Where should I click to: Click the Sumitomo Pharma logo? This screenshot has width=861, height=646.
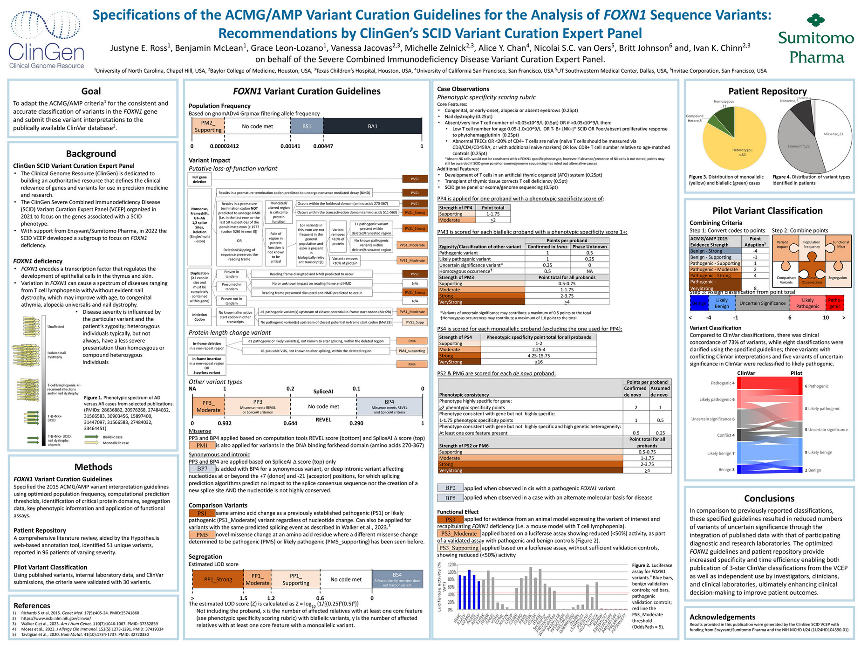point(815,39)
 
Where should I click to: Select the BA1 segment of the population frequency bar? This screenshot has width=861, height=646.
point(372,126)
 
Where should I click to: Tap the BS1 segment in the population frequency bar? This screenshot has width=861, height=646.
point(307,126)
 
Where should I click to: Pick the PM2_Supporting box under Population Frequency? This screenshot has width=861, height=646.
point(208,126)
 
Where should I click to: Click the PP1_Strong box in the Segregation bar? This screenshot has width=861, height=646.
point(218,579)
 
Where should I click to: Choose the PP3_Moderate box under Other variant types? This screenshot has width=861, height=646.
point(208,406)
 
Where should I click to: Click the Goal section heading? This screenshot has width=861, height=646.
point(91,91)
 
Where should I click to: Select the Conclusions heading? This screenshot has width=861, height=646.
point(769,498)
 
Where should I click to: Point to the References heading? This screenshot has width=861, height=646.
point(32,605)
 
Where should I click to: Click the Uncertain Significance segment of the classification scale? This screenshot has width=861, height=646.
point(762,303)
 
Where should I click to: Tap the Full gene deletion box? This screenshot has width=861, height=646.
point(199,179)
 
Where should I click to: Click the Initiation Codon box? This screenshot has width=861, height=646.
point(199,317)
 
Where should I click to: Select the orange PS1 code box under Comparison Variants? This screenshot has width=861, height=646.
point(202,513)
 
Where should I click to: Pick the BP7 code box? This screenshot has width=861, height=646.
point(202,468)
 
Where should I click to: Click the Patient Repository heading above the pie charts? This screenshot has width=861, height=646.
point(767,91)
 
